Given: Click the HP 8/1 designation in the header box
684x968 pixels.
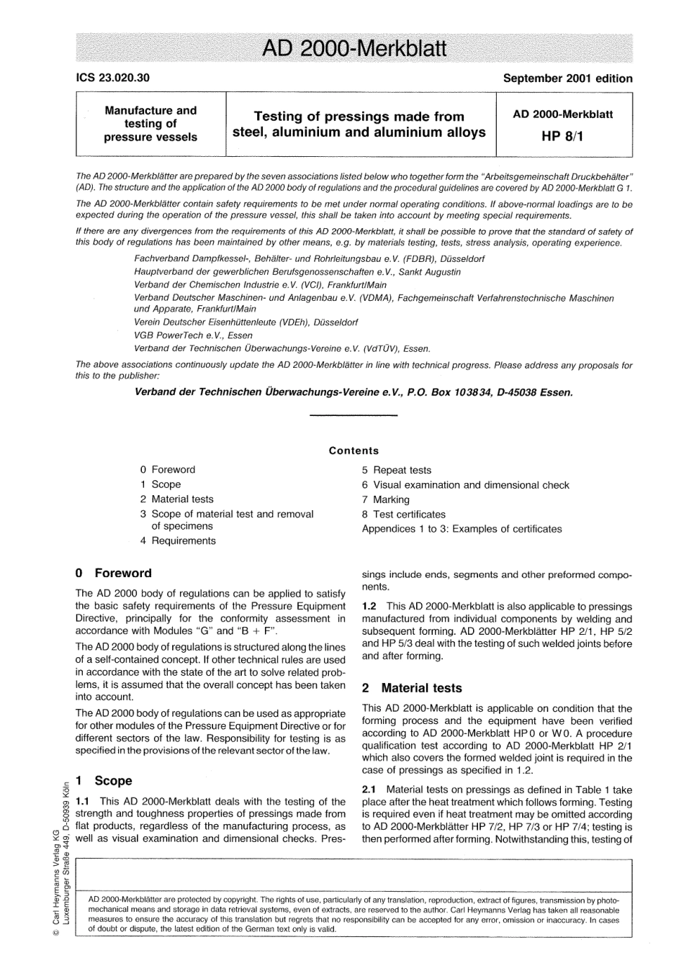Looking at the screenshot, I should pyautogui.click(x=562, y=135).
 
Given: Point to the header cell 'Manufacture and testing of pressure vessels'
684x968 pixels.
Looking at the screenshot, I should pyautogui.click(x=150, y=123).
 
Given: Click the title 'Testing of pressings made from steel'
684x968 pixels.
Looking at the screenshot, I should pyautogui.click(x=359, y=124).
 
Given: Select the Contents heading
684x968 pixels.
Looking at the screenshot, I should pyautogui.click(x=354, y=451).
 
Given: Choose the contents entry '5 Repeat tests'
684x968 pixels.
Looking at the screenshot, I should pyautogui.click(x=397, y=470).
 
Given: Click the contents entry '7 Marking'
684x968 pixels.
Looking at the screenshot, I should pyautogui.click(x=386, y=499).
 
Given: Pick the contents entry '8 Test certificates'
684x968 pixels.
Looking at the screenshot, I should pyautogui.click(x=404, y=514).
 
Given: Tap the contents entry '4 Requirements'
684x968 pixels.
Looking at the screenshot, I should pyautogui.click(x=178, y=540).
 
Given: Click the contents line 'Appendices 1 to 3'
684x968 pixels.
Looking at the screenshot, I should pyautogui.click(x=462, y=528).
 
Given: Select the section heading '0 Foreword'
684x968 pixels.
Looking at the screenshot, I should pyautogui.click(x=114, y=573).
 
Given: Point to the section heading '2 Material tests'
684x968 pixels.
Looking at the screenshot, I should pyautogui.click(x=412, y=688).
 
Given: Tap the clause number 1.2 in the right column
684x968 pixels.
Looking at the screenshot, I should pyautogui.click(x=369, y=607).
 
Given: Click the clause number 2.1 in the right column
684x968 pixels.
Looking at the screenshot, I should pyautogui.click(x=369, y=790).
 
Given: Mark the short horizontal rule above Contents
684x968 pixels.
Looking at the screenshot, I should pyautogui.click(x=353, y=416).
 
